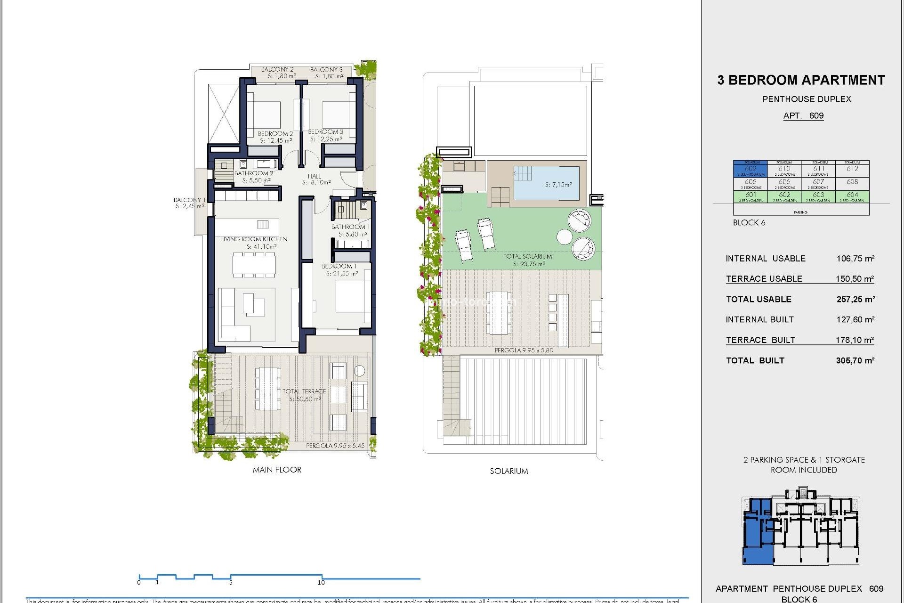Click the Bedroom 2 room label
pos(275,134)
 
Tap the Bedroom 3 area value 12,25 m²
pos(326,139)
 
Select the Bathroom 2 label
pos(254,173)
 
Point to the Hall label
pos(315,176)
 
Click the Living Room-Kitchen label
pos(254,239)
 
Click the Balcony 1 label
pos(189,200)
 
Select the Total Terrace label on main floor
pos(304,391)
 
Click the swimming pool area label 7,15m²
pos(558,185)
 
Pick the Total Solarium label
pos(527,256)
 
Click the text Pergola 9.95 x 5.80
pos(524,350)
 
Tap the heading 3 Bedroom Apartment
pos(801,80)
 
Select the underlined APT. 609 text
pos(803,116)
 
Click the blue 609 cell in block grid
pos(750,169)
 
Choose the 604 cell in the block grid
pos(852,195)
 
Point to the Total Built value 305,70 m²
pos(855,361)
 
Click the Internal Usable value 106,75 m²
pos(855,259)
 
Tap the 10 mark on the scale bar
pos(321,583)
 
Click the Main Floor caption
pos(277,470)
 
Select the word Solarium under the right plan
pos(508,471)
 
